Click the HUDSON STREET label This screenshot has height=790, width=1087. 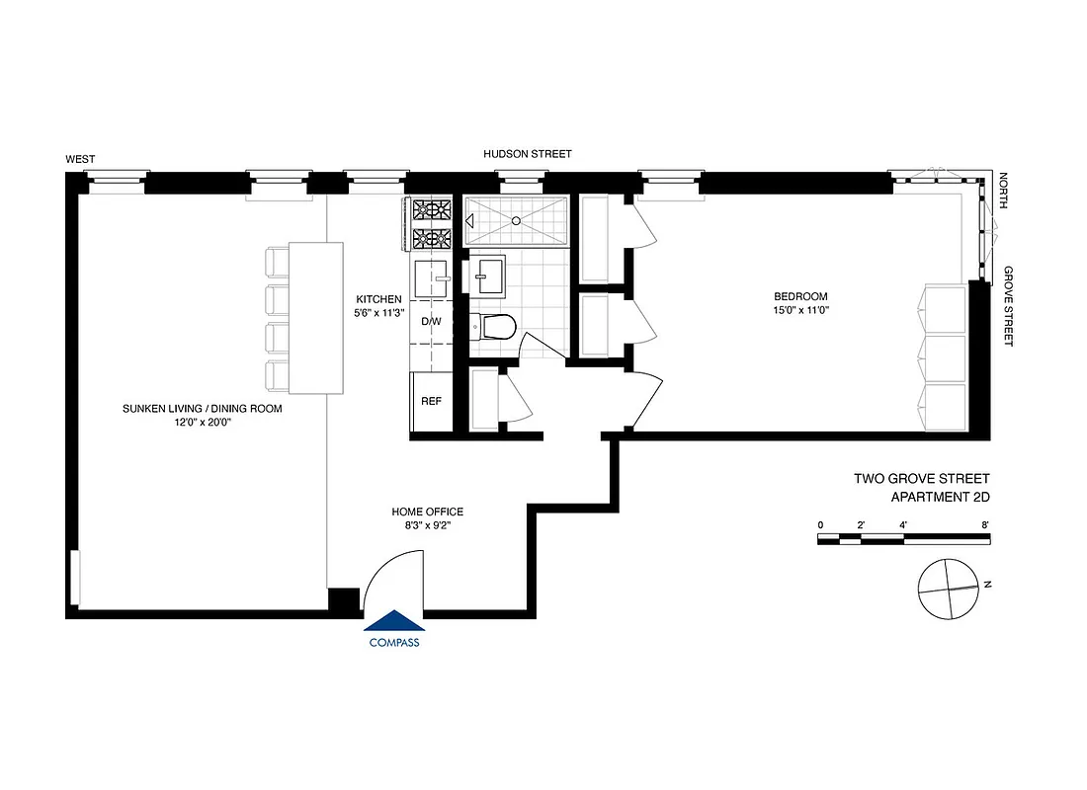(x=527, y=155)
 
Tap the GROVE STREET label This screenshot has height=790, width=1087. (x=1010, y=306)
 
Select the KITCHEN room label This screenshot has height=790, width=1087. (x=379, y=299)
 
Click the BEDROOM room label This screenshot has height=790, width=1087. (x=800, y=296)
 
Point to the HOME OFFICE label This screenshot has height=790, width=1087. (x=427, y=512)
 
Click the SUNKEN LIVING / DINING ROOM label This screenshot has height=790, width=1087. (x=203, y=408)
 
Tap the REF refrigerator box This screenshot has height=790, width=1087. (x=431, y=402)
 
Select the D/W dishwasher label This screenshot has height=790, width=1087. (x=431, y=322)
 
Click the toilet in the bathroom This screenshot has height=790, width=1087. (x=493, y=327)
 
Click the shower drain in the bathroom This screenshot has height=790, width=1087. (x=515, y=221)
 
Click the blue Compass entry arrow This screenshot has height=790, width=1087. (x=394, y=621)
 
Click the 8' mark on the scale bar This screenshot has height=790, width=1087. (x=985, y=524)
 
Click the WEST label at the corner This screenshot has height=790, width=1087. (x=80, y=159)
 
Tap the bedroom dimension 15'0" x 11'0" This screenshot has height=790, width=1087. (x=800, y=310)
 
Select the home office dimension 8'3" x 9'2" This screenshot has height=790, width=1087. (x=427, y=525)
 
